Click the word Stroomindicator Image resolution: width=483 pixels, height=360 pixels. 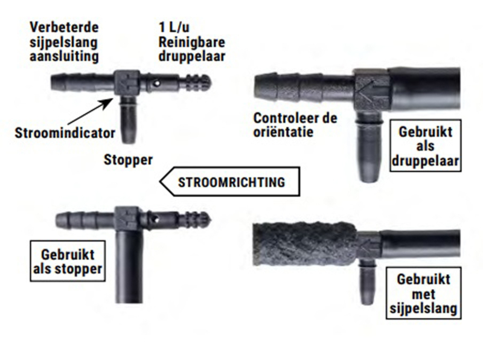pyautogui.click(x=65, y=133)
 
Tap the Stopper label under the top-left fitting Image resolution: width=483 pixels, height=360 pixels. pyautogui.click(x=128, y=159)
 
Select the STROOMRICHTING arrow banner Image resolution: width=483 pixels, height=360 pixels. pyautogui.click(x=229, y=182)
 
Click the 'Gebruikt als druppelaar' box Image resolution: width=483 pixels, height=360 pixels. pyautogui.click(x=426, y=146)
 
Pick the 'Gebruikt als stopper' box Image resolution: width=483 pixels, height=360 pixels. pyautogui.click(x=68, y=262)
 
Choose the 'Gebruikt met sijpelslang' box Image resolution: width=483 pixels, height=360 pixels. pyautogui.click(x=424, y=294)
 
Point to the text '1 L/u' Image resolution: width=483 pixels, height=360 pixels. pyautogui.click(x=174, y=27)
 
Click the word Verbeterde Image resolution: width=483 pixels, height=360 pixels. pyautogui.click(x=64, y=27)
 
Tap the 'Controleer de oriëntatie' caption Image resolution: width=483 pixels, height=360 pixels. pyautogui.click(x=295, y=125)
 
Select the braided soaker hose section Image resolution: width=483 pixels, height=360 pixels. pyautogui.click(x=304, y=244)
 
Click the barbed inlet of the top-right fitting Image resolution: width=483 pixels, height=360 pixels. pyautogui.click(x=304, y=87)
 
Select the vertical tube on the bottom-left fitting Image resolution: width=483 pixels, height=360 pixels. pyautogui.click(x=130, y=266)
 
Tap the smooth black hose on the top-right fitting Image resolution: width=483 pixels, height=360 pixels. pyautogui.click(x=424, y=88)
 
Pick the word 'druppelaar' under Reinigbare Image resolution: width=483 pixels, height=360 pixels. pyautogui.click(x=191, y=56)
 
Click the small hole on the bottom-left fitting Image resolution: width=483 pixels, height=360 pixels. pyautogui.click(x=156, y=220)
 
